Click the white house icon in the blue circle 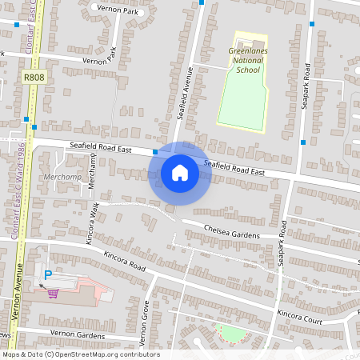180,172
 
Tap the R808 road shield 33,78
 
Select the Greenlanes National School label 244,60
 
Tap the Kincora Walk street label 93,222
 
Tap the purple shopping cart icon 53,293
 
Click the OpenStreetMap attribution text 80,354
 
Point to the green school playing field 240,100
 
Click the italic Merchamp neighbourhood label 62,176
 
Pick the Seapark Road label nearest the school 306,84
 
